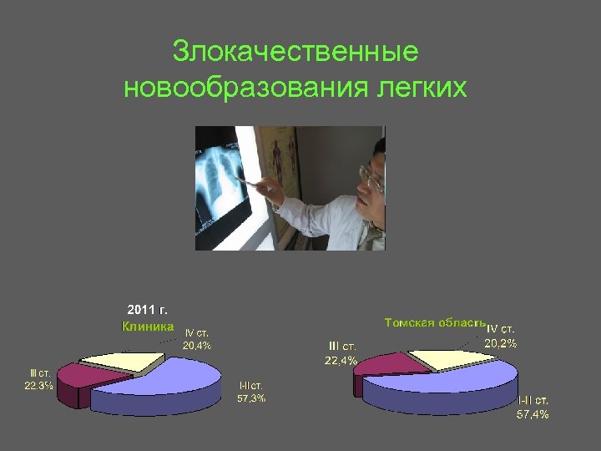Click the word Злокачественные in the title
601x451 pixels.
point(295,52)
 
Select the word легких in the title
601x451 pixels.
point(426,87)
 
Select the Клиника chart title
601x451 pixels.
point(148,327)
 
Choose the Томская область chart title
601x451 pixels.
point(435,322)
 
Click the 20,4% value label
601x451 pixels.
point(198,345)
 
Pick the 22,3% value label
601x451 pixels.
point(38,385)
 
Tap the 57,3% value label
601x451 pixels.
point(251,398)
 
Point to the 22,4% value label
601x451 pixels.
point(341,360)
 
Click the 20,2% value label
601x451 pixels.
point(501,342)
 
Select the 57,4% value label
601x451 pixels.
point(533,414)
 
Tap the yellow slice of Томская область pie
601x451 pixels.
point(447,358)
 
